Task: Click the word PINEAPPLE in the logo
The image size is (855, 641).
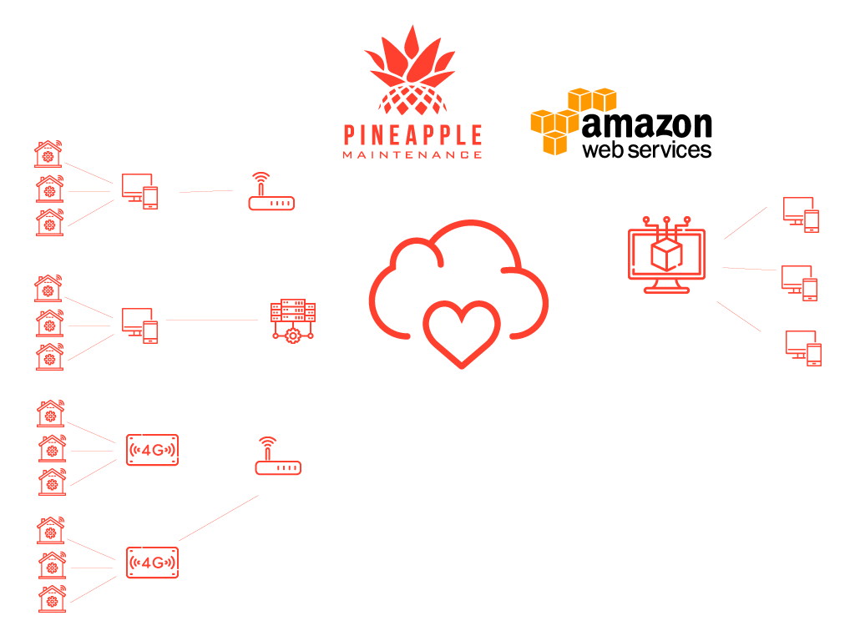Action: click(x=412, y=135)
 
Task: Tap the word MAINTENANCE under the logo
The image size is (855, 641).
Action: click(x=412, y=154)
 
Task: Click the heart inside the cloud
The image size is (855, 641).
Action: click(x=461, y=333)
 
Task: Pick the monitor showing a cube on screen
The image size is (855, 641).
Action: click(x=666, y=255)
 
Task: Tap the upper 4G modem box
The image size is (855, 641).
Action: click(x=152, y=450)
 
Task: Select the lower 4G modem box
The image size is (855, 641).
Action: click(x=152, y=563)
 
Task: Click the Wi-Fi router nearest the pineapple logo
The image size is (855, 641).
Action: click(x=271, y=194)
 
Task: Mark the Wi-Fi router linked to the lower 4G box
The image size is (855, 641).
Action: click(x=277, y=458)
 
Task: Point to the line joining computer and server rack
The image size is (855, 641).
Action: click(x=212, y=320)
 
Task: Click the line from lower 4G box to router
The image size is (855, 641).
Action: click(x=219, y=517)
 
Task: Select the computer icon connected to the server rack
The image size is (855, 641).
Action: click(x=139, y=325)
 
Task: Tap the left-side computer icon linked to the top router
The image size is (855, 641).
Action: click(x=139, y=190)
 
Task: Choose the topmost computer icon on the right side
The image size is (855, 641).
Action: click(x=801, y=214)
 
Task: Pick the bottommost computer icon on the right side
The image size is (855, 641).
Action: click(x=803, y=347)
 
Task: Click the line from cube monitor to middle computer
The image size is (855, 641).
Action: click(x=749, y=269)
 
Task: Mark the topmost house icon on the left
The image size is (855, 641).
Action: click(x=48, y=154)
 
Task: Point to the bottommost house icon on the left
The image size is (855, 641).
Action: click(x=52, y=598)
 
